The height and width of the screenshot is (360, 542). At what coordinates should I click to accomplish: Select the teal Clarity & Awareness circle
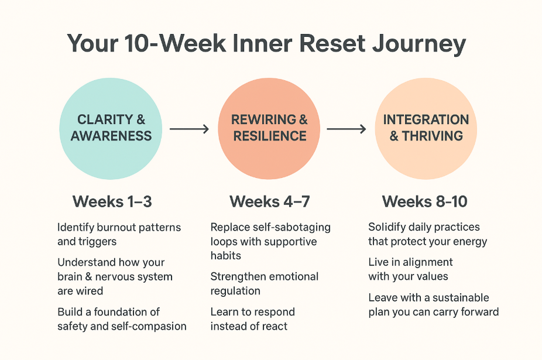111,128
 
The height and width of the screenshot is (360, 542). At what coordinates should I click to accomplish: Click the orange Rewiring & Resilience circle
269,128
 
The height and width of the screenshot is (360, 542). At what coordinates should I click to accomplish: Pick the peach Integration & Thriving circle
426,128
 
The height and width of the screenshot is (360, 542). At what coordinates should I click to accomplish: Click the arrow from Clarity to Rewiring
189,128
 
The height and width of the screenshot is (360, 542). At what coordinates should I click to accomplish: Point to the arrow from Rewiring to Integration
347,128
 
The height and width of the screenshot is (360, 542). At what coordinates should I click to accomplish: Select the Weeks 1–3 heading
112,202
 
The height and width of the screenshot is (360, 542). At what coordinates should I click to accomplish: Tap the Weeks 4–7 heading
270,202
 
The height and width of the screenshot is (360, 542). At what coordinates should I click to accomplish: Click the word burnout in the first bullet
117,227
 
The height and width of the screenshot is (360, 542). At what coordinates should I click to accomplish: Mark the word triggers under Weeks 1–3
97,241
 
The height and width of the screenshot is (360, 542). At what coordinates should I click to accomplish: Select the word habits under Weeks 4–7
226,256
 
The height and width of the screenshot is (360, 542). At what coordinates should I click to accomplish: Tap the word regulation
235,291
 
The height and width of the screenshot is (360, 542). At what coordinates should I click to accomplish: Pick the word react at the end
273,326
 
